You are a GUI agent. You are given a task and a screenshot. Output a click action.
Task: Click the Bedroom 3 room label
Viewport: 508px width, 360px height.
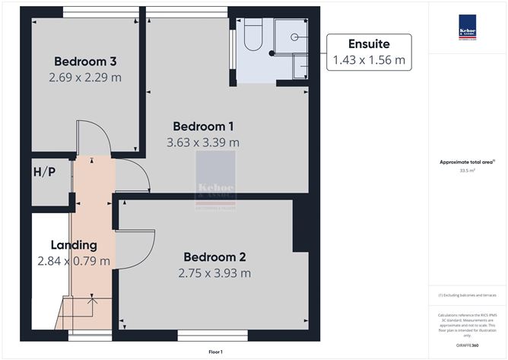click(x=84, y=61)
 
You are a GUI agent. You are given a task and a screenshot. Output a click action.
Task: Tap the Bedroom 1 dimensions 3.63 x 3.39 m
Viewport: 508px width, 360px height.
click(x=203, y=142)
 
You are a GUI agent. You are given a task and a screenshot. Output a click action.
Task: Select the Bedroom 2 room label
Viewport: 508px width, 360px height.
click(x=214, y=257)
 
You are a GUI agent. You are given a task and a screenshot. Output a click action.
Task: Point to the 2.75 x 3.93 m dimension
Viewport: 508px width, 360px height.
click(x=214, y=273)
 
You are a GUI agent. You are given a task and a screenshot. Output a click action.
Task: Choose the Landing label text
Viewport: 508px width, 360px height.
click(x=74, y=245)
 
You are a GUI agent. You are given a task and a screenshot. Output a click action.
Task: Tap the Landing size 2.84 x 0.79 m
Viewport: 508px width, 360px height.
click(x=74, y=261)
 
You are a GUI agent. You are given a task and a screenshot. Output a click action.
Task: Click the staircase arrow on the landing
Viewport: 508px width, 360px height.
click(x=93, y=305)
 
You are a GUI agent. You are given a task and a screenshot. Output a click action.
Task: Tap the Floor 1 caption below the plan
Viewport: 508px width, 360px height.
click(x=216, y=352)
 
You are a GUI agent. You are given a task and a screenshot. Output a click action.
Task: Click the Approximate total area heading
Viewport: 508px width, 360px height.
click(x=466, y=162)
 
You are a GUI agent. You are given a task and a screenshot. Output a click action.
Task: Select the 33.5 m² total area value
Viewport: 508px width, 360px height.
click(x=465, y=171)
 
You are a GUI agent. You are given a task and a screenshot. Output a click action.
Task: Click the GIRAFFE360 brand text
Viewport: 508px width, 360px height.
click(x=467, y=344)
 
